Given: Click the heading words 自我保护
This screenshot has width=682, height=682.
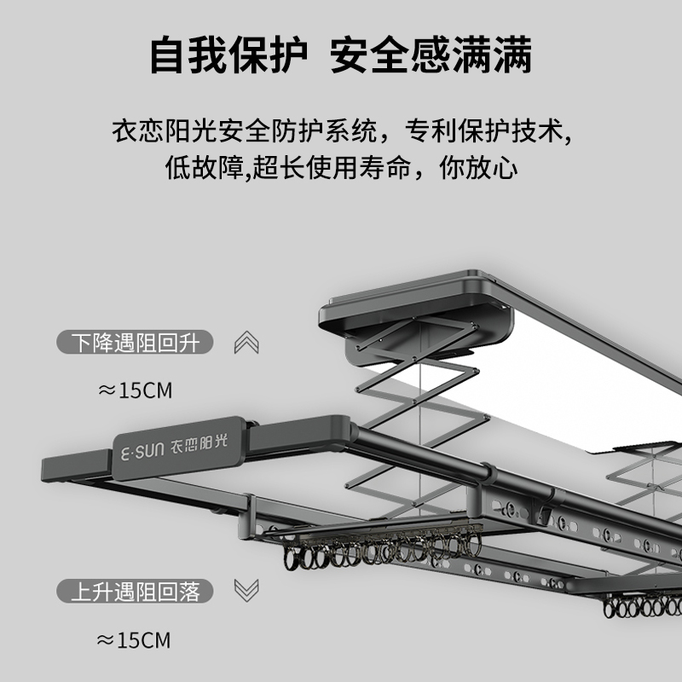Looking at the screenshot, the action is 228,55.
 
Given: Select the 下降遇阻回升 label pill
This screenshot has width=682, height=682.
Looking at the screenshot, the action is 135,343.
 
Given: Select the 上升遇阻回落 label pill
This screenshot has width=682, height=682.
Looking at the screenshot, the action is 135,590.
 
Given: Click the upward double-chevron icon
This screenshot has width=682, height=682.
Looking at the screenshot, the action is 246,343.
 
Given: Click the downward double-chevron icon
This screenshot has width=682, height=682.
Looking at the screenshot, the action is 246,590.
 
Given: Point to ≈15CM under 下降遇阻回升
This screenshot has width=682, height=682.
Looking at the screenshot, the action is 135,390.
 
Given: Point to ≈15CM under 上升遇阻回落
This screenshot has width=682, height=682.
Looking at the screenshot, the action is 135,638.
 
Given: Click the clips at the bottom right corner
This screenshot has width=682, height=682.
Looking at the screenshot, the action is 644,607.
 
